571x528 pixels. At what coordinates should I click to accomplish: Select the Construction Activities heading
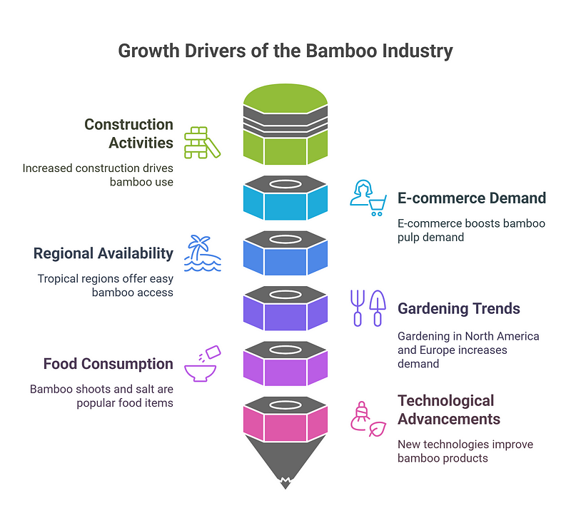point(128,133)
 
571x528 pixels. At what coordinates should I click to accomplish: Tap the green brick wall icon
point(202,143)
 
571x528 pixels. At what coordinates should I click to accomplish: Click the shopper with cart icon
point(368,198)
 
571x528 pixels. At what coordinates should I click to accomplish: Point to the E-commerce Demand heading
point(472,198)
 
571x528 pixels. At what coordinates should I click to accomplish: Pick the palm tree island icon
point(203,253)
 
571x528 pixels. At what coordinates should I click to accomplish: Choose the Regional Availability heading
point(103,253)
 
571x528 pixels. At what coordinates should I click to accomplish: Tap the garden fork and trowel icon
point(368,308)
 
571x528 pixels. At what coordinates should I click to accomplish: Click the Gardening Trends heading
point(458,308)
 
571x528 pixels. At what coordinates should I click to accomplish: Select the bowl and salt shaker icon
point(203,363)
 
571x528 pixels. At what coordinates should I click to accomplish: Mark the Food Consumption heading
point(108,364)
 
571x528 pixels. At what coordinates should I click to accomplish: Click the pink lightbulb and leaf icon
point(368,419)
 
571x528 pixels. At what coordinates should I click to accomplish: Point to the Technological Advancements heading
point(449,410)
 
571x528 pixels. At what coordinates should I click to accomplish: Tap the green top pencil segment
point(285,124)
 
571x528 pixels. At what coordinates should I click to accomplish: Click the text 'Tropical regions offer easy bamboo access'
point(105,285)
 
